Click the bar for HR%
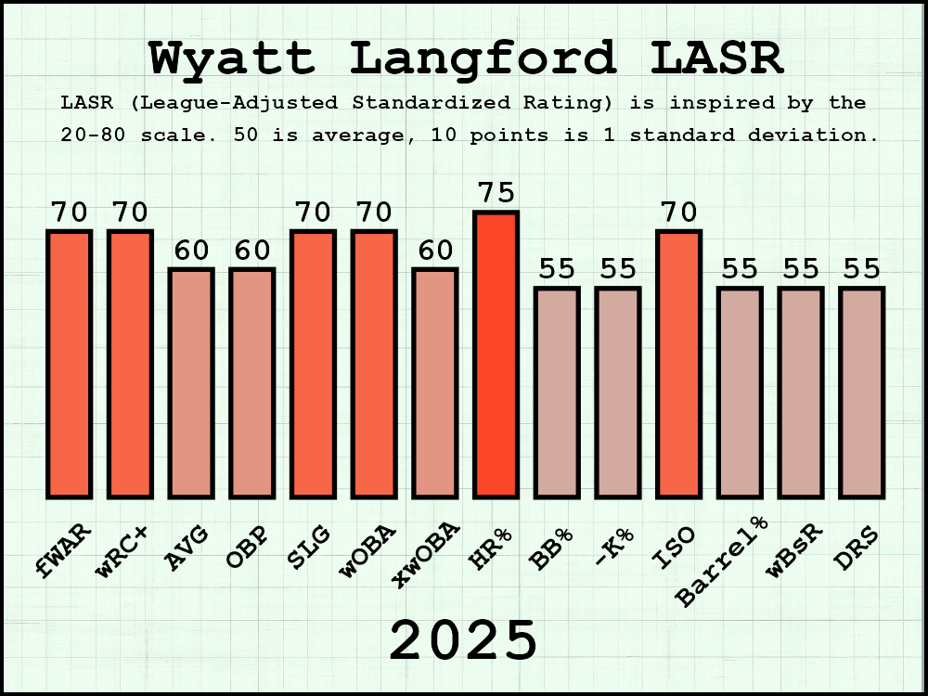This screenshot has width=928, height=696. pos(496,354)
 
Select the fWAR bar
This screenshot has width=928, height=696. pos(70,364)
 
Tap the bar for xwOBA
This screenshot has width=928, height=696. pos(434,382)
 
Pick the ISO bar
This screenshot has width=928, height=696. pos(678,364)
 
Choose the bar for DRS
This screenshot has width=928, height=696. pos(861,392)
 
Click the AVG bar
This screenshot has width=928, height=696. pos(191,382)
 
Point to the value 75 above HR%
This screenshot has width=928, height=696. pos(496,193)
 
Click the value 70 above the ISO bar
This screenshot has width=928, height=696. pos(678,213)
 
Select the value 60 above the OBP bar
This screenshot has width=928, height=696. pos(251,251)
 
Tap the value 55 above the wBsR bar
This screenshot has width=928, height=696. pos(800,269)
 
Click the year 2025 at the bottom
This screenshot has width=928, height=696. pos(463,640)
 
